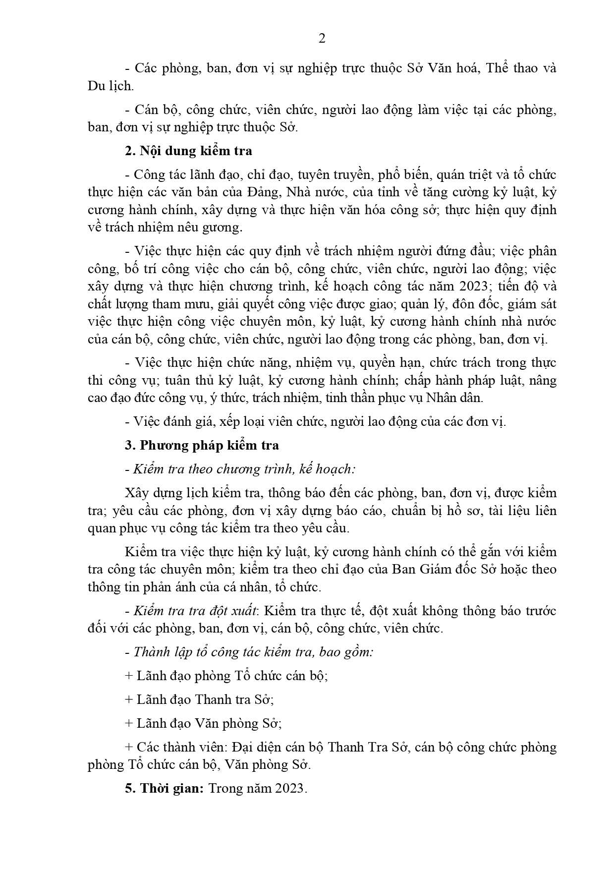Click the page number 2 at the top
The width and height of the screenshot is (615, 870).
tap(322, 39)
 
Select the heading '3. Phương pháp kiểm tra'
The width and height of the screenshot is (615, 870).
tap(202, 445)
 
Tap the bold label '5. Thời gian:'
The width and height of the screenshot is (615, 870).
tap(164, 788)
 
